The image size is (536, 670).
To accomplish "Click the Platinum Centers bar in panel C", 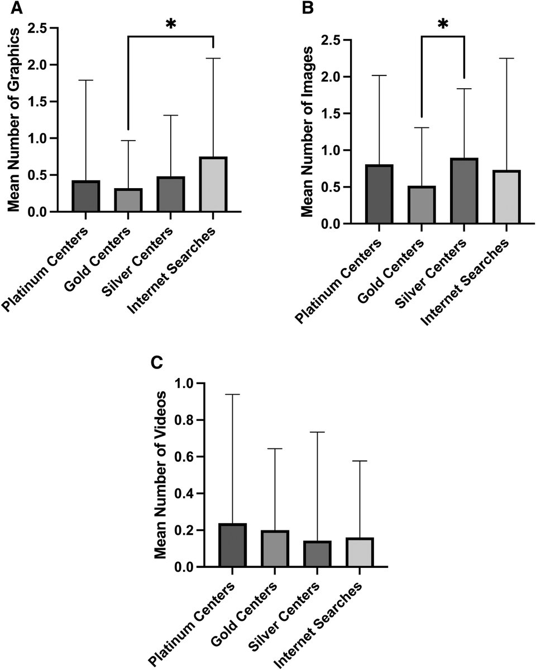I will coord(233,545).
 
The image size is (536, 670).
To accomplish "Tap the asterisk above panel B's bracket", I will coord(443,25).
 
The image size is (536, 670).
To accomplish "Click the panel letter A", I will coord(9,8).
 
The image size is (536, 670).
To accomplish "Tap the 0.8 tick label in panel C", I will coord(186,420).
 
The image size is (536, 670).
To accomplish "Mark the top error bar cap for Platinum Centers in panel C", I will coord(233,394).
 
